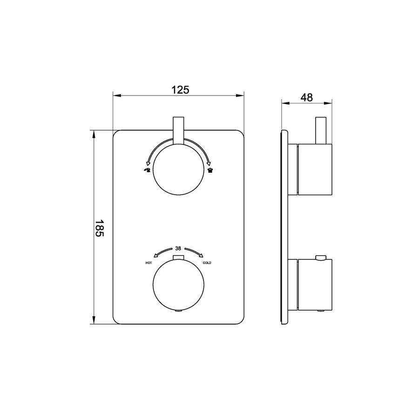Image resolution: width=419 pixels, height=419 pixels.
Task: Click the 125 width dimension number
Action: [x=180, y=90]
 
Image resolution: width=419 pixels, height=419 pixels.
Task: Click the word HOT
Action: [x=149, y=264]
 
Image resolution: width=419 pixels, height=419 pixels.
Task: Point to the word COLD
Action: [x=207, y=264]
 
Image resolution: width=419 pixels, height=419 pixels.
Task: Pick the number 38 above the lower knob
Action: [x=178, y=248]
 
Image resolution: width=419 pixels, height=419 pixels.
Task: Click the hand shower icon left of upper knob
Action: [x=148, y=170]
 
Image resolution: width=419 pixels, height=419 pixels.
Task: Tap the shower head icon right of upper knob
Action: [x=209, y=170]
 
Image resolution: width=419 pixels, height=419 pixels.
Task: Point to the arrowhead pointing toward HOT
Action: [x=155, y=255]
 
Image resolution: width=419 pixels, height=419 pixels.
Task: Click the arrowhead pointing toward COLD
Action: [x=203, y=255]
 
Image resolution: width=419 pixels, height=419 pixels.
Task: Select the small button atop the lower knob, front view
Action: [x=179, y=258]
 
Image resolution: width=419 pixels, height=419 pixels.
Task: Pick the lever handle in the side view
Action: [x=320, y=130]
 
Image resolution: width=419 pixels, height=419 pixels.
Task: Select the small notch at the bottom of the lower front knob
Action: [x=179, y=311]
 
